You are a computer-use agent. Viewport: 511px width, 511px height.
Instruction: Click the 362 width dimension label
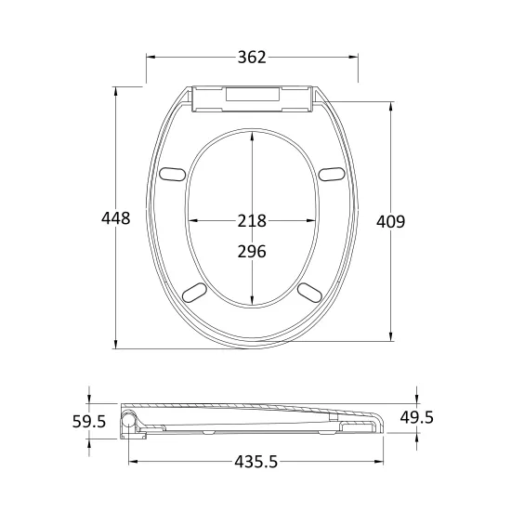[252, 58]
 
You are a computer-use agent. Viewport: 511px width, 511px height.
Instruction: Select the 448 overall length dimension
[116, 218]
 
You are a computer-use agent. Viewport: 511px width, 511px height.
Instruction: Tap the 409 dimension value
[391, 222]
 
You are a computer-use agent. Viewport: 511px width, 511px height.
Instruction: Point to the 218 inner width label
[252, 220]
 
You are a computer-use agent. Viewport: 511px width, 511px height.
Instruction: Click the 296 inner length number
[252, 252]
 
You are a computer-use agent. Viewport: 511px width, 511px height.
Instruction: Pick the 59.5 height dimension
[89, 422]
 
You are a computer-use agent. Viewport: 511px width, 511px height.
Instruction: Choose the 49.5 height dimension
[417, 417]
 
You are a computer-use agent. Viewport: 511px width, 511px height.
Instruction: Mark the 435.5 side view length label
[256, 462]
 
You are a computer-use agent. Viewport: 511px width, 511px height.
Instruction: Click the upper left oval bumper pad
[173, 174]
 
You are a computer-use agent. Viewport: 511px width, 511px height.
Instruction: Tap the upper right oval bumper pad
[332, 174]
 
